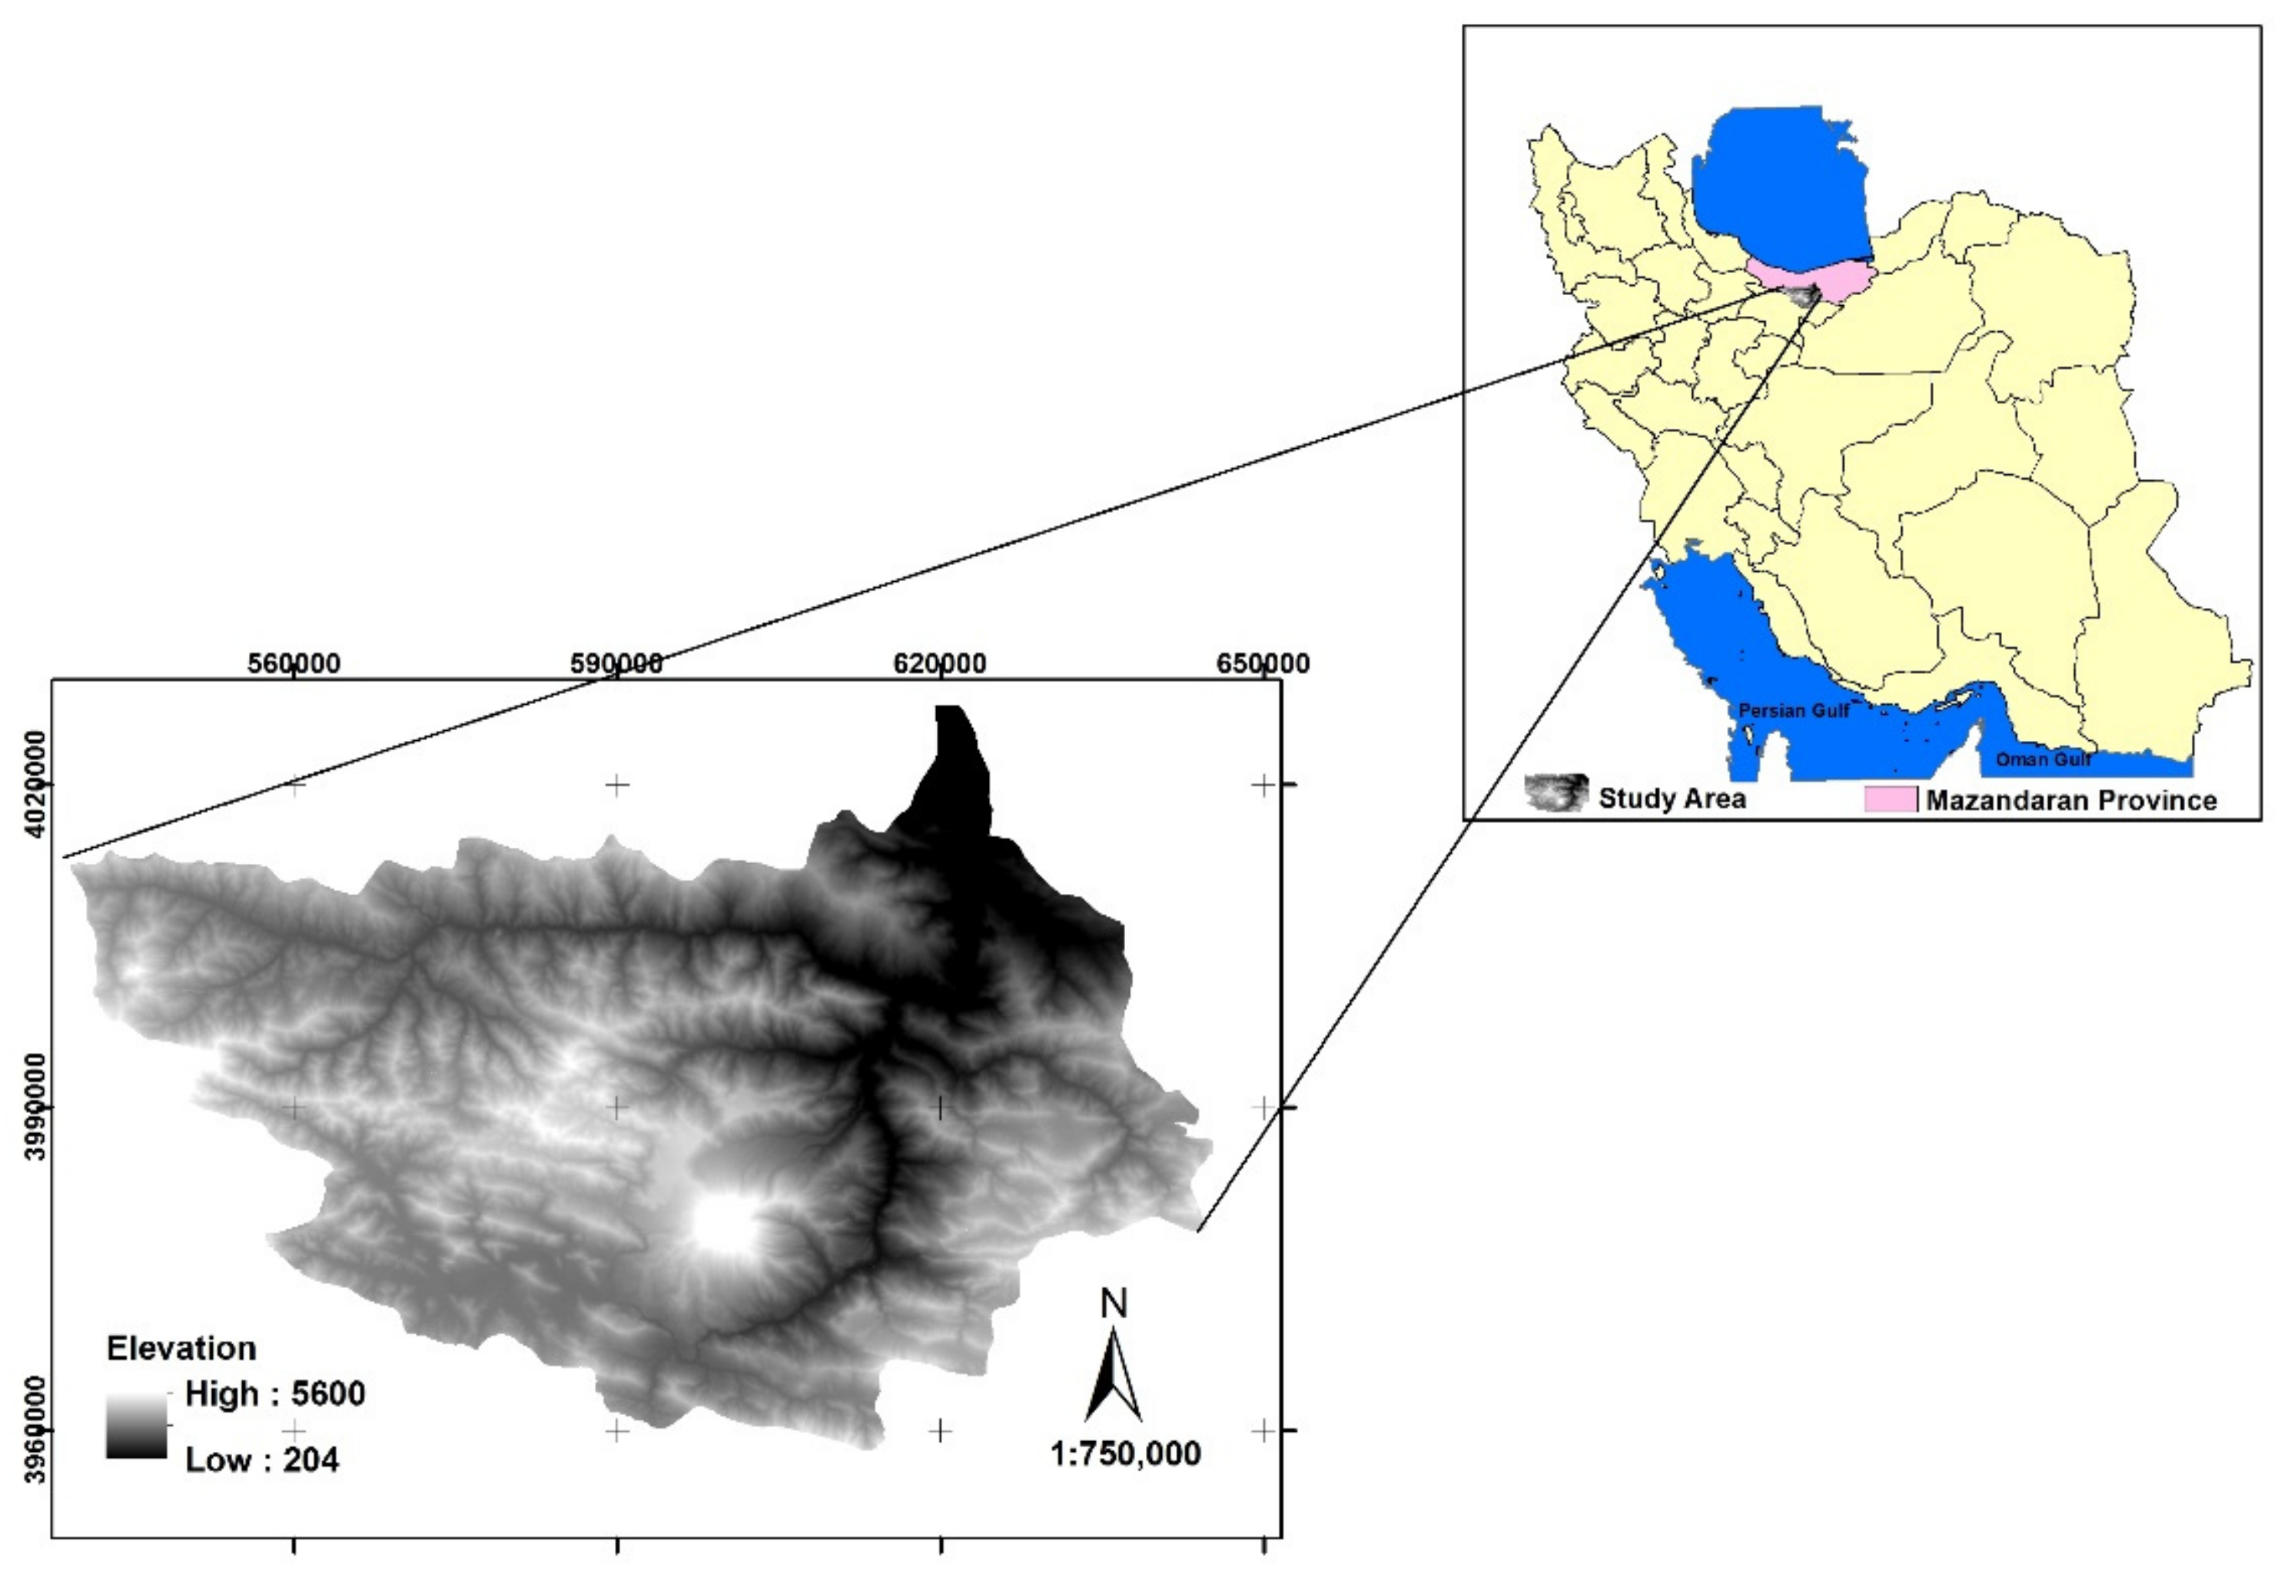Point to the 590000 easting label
click(x=616, y=663)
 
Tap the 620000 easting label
click(x=939, y=663)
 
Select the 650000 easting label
click(x=1262, y=663)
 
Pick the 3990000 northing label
click(x=35, y=1107)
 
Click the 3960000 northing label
click(x=35, y=1430)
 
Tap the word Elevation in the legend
click(x=181, y=1348)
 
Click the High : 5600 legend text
click(x=274, y=1393)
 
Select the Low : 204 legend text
click(x=261, y=1459)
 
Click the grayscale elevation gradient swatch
click(x=137, y=1427)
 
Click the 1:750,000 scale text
click(x=1125, y=1453)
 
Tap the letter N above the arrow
click(x=1114, y=1304)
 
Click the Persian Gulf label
click(x=1794, y=710)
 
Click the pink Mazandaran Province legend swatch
click(x=1889, y=799)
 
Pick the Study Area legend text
click(x=1672, y=799)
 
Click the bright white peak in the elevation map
click(x=724, y=1224)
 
